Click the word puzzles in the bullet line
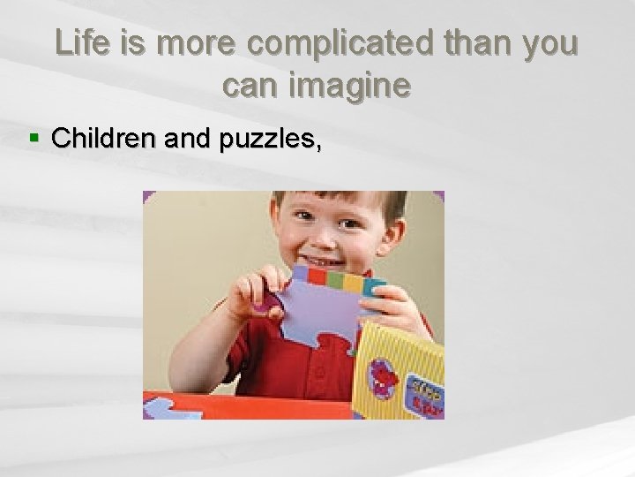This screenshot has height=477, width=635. (x=269, y=140)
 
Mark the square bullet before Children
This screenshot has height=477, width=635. (x=34, y=139)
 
